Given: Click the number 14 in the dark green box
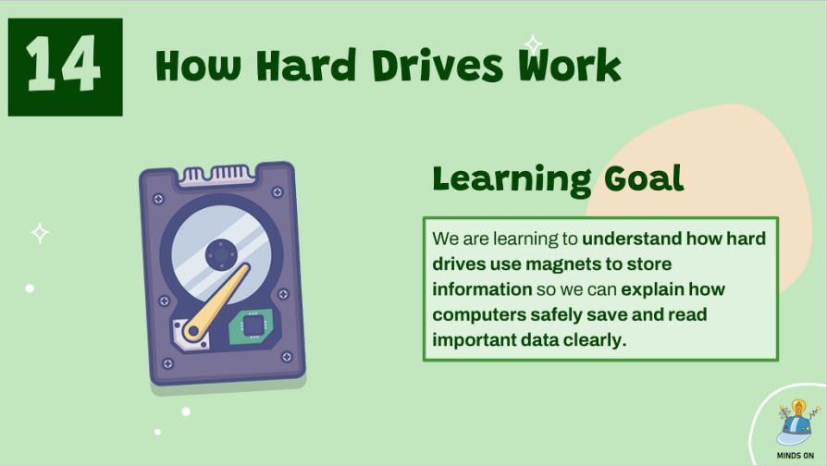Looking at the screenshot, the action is (63, 65).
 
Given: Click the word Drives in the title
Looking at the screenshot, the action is (438, 66).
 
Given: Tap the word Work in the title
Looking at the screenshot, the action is (570, 65).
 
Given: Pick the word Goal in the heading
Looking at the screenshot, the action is (644, 178).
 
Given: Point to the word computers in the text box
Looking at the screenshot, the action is (479, 315).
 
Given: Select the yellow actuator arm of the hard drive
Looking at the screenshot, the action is (216, 300).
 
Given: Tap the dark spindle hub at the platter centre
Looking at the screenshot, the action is (221, 254).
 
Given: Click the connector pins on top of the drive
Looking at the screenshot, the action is (217, 175).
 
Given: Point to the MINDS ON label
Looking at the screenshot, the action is (795, 456).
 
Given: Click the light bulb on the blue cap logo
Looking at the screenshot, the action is (799, 408).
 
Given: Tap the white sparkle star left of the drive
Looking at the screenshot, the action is (40, 233).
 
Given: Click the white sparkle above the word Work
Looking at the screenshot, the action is (533, 44).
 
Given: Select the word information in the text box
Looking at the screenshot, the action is (482, 289).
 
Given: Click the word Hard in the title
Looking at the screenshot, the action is (306, 66).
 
